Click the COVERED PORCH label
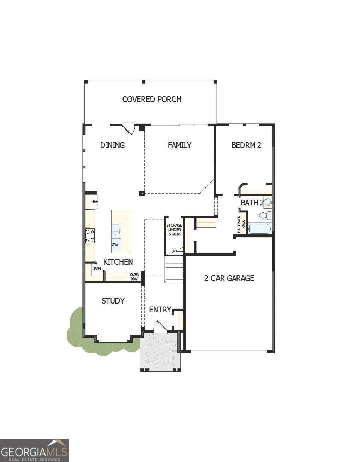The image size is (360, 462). click(152, 100)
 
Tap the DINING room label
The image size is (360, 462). click(112, 145)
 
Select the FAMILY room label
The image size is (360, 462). click(179, 145)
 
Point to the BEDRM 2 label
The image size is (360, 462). click(246, 145)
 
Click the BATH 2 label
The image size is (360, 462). click(251, 203)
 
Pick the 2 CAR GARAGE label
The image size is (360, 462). click(229, 278)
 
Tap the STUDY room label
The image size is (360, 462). click(113, 301)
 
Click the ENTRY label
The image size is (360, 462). click(160, 310)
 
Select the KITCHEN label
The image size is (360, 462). click(118, 262)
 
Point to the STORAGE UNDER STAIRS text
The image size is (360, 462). click(174, 230)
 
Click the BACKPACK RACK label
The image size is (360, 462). click(241, 224)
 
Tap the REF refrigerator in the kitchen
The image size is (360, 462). click(94, 202)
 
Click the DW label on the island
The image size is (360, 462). click(115, 244)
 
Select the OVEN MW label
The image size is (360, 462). click(134, 277)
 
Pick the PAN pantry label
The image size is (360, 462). click(97, 269)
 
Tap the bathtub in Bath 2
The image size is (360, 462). click(259, 229)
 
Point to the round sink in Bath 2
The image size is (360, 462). click(268, 203)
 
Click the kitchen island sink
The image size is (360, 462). click(116, 231)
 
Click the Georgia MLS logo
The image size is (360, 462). click(34, 450)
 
